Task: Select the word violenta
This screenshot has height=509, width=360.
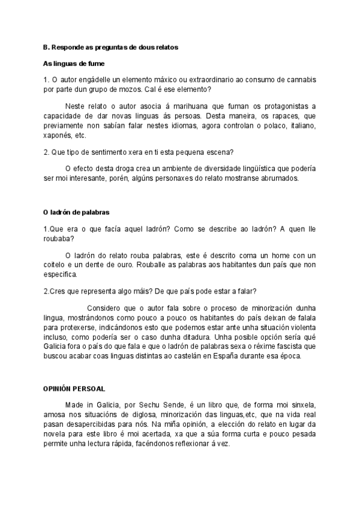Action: pos(296,328)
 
